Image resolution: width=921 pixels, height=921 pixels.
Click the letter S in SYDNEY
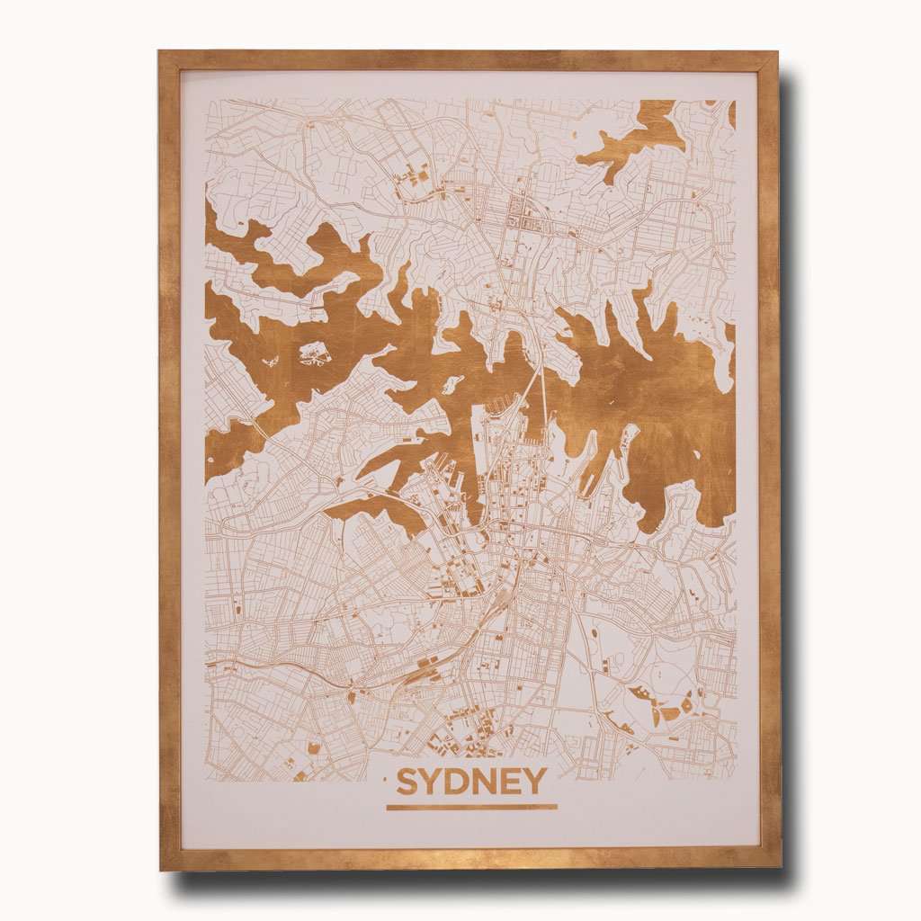click(x=408, y=782)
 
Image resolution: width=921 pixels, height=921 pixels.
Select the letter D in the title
click(x=462, y=782)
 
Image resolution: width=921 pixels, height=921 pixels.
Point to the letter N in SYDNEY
click(x=490, y=782)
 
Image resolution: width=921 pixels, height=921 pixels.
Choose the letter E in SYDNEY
click(x=515, y=782)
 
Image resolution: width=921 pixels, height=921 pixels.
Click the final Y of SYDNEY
click(x=537, y=782)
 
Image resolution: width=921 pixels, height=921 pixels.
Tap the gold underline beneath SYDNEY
click(x=471, y=806)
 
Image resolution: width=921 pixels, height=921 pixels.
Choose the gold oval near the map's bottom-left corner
click(x=315, y=747)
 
